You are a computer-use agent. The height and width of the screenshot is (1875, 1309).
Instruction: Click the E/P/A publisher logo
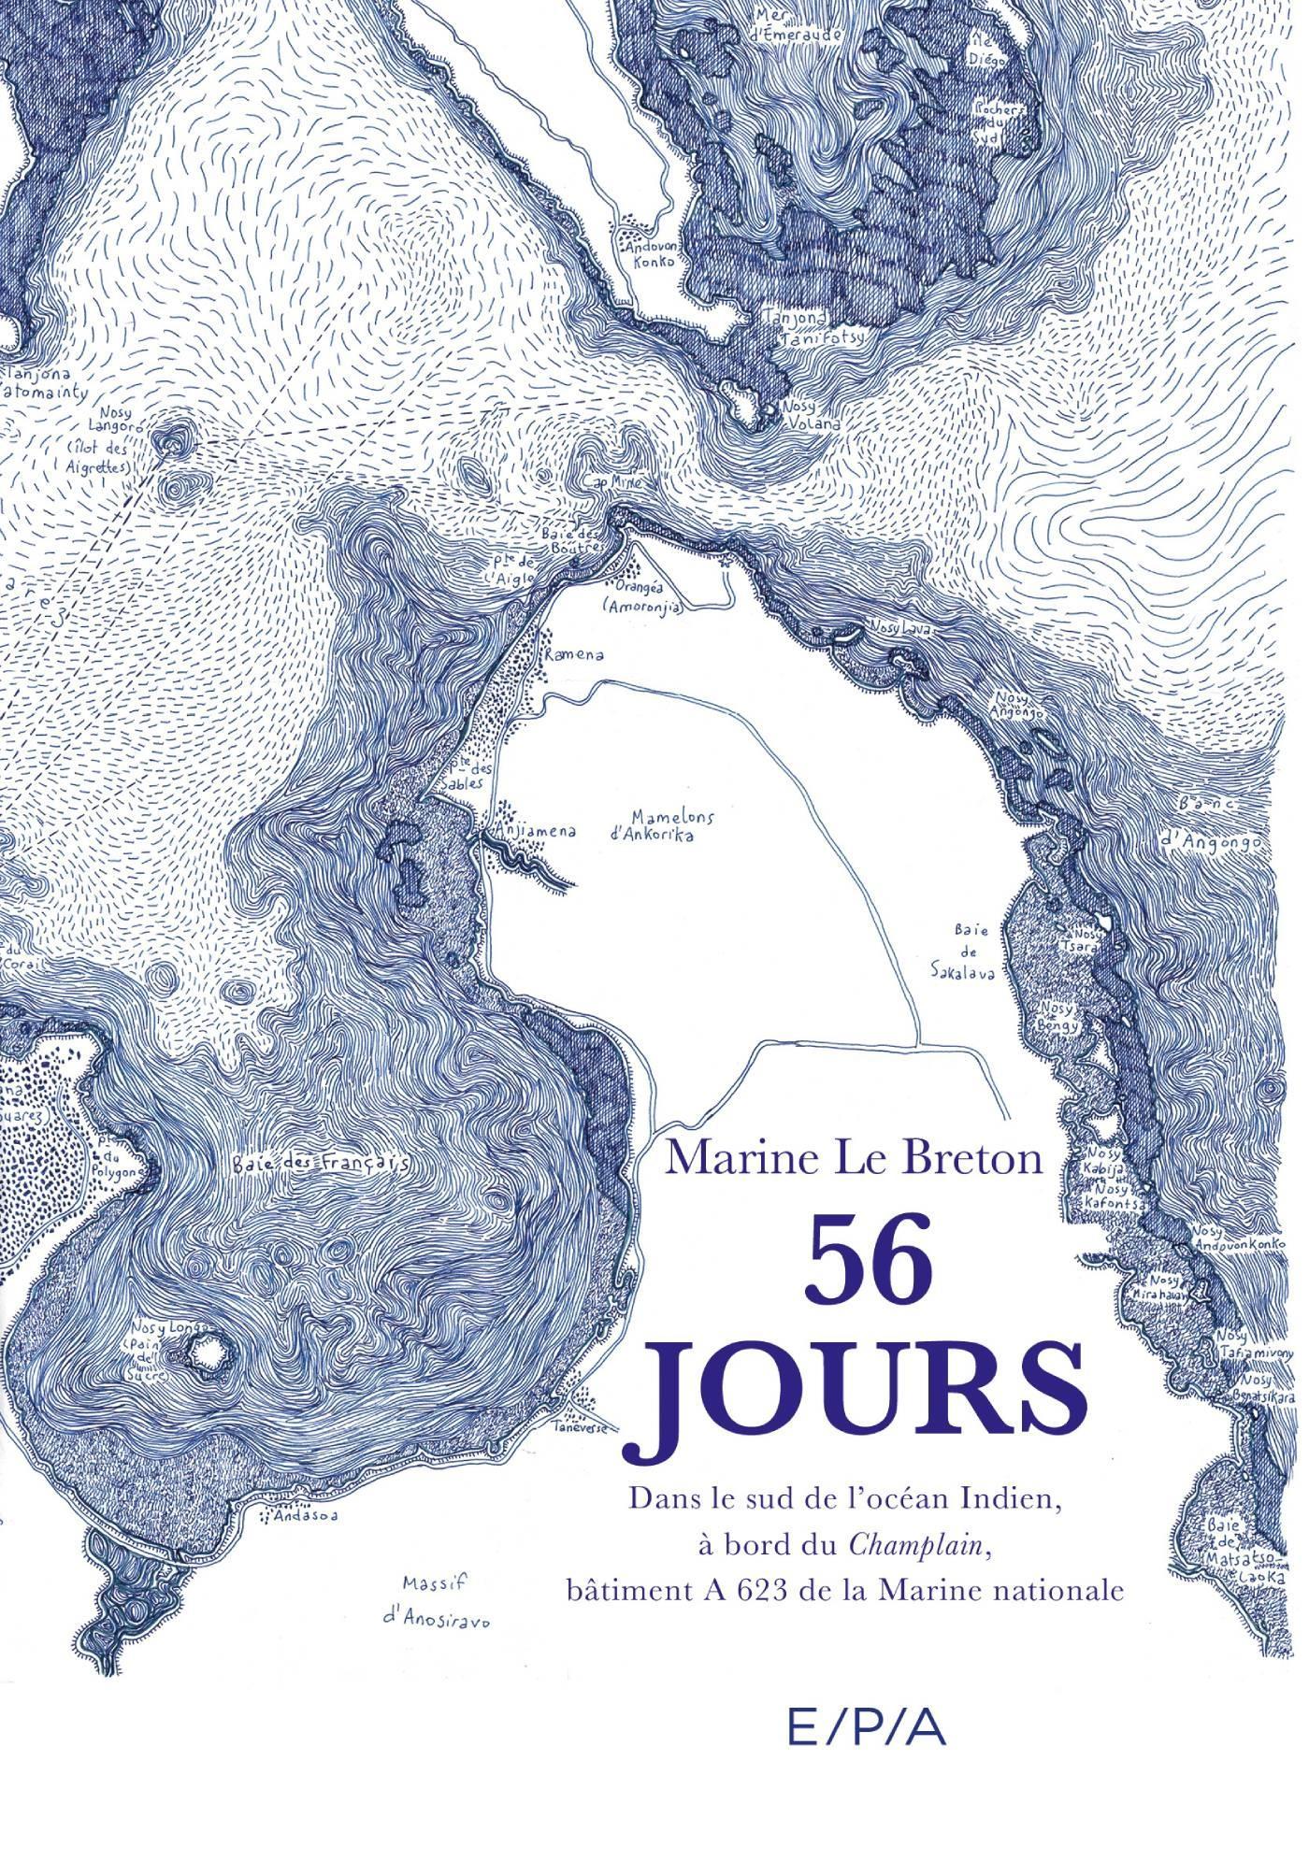868,1703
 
